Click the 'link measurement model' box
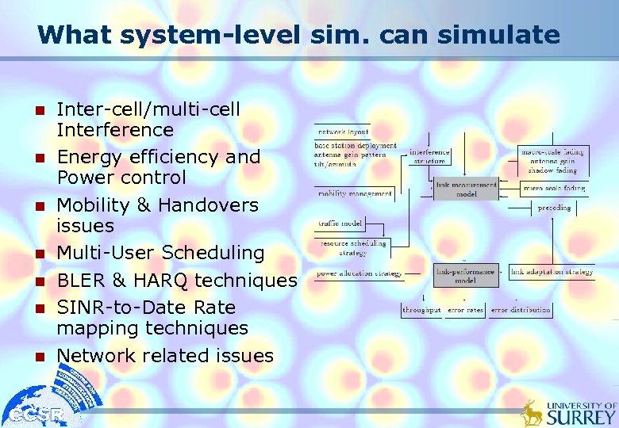pyautogui.click(x=467, y=189)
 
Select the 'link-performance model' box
pyautogui.click(x=465, y=275)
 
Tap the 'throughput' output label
pyautogui.click(x=421, y=310)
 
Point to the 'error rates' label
pyautogui.click(x=465, y=310)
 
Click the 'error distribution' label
pyautogui.click(x=520, y=310)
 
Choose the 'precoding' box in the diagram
pyautogui.click(x=553, y=208)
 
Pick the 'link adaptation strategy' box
pyautogui.click(x=551, y=272)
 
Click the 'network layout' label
pyautogui.click(x=343, y=132)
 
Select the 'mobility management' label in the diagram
pyautogui.click(x=355, y=193)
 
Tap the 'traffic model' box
pyautogui.click(x=340, y=224)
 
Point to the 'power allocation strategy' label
pyautogui.click(x=359, y=273)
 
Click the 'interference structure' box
pyautogui.click(x=429, y=155)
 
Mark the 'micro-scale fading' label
pyautogui.click(x=553, y=188)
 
